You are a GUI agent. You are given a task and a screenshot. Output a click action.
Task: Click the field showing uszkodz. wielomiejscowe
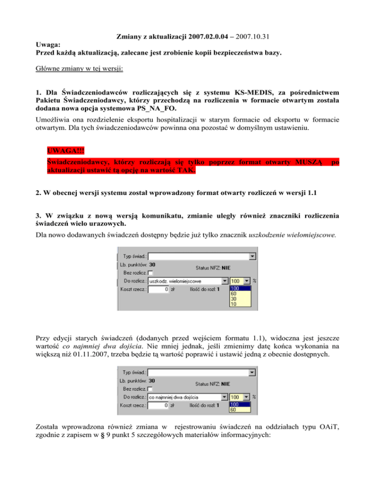coord(188,281)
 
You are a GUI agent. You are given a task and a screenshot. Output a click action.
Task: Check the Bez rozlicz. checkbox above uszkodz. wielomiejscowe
coord(151,273)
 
